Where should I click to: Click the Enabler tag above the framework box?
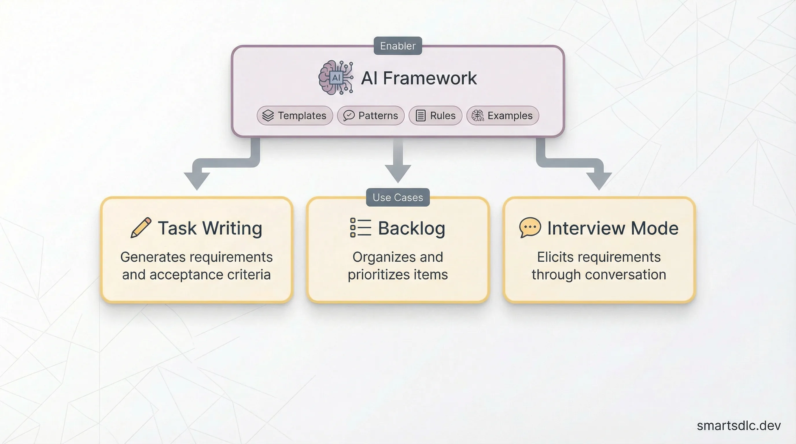coord(398,46)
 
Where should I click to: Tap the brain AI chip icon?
coord(336,77)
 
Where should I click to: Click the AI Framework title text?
coord(419,78)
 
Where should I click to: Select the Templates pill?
coord(295,115)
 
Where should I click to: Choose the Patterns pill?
coord(371,115)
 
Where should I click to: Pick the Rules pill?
coord(435,115)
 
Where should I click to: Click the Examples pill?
coord(502,115)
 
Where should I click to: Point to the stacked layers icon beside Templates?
coord(268,115)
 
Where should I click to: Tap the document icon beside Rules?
coord(421,115)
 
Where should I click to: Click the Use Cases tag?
coord(398,197)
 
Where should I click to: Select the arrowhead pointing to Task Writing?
coord(197,181)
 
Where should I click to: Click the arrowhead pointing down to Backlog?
coord(398,173)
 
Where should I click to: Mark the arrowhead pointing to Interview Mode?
coord(599,181)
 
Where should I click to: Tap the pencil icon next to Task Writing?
coord(141,228)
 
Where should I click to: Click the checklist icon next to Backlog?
coord(360,228)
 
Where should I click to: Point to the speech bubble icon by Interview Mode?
coord(530,227)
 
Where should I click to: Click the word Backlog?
coord(412,228)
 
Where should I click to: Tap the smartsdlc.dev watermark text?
coord(738,426)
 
